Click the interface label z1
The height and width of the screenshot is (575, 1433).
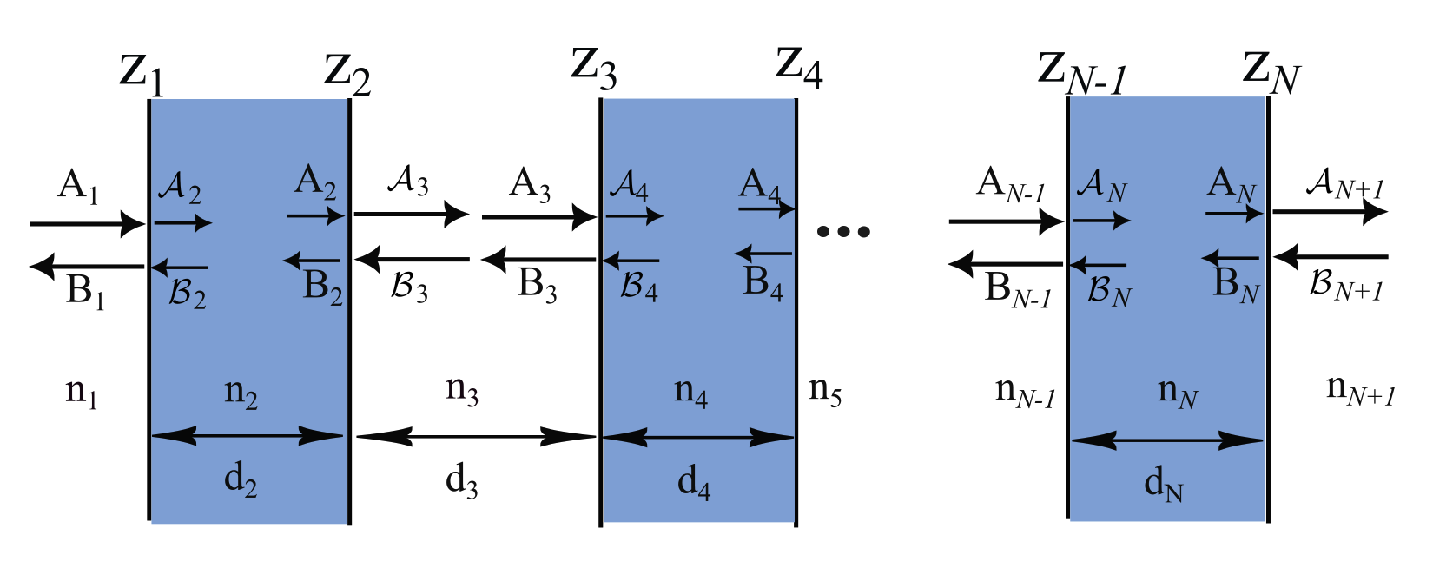[142, 74]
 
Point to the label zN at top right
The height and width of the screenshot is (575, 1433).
[1271, 72]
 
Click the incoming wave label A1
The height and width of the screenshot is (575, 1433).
[77, 187]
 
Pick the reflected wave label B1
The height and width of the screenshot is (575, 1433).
[85, 292]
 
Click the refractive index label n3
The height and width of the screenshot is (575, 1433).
[462, 391]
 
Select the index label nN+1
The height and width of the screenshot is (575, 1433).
[1360, 390]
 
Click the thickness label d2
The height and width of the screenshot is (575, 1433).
[241, 480]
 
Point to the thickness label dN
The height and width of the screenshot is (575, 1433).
[1164, 484]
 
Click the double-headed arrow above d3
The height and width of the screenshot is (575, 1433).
[476, 437]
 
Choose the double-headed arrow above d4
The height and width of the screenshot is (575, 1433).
[697, 438]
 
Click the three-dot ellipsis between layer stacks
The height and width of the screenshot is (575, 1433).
[843, 232]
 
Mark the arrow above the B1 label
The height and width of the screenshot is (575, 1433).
[87, 266]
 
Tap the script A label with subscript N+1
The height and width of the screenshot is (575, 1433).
[1344, 185]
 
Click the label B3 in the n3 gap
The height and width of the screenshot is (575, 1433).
[537, 286]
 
